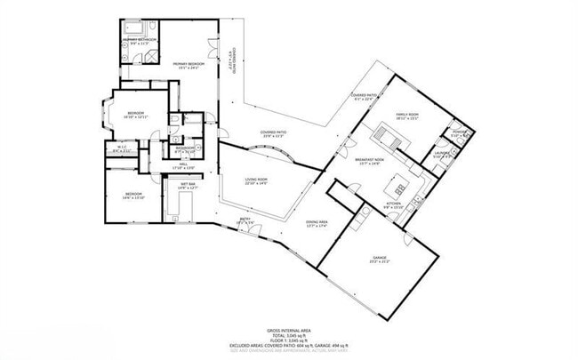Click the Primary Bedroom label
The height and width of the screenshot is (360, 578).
(189, 65)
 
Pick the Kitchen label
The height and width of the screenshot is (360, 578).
(394, 205)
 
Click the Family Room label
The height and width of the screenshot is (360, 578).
(407, 116)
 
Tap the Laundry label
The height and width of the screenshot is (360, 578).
(443, 153)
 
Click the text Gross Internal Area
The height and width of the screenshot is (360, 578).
(289, 330)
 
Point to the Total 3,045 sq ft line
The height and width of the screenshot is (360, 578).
(289, 335)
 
